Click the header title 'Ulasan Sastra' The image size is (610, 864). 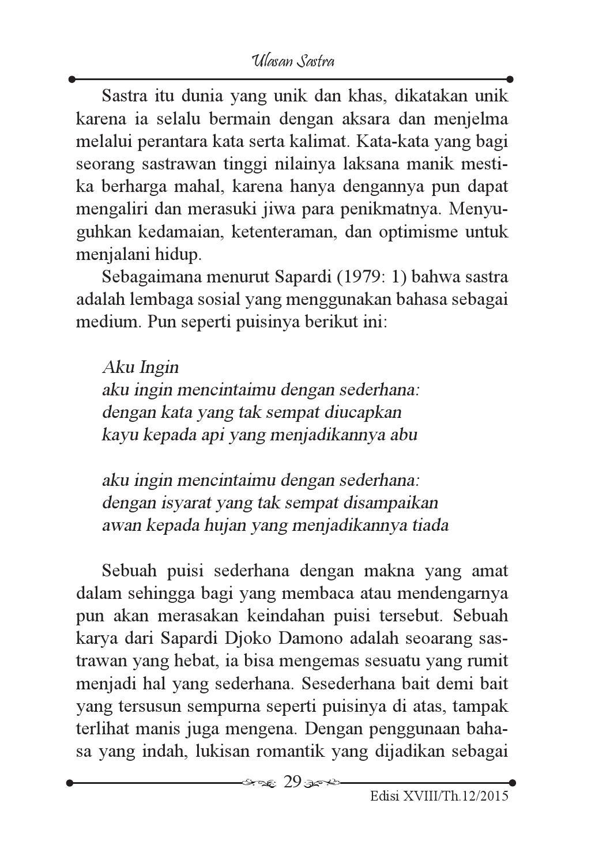pos(293,61)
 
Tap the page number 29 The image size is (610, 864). pos(292,782)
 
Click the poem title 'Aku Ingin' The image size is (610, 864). pos(140,367)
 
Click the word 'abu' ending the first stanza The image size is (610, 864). pos(404,435)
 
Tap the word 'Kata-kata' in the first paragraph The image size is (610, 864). pos(390,142)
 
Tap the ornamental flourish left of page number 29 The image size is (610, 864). pos(259,783)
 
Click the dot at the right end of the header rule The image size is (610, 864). pos(510,80)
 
